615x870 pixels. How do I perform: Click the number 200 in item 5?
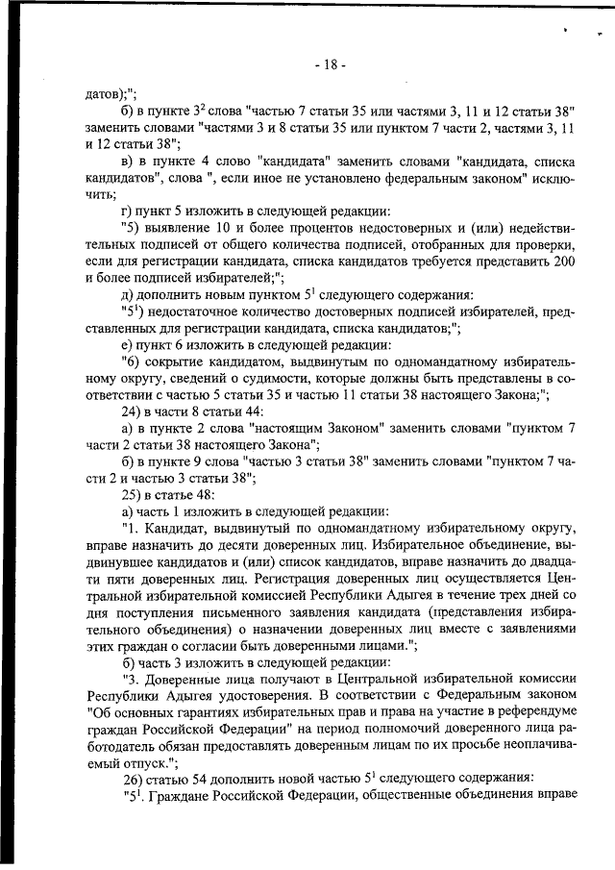564,261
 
